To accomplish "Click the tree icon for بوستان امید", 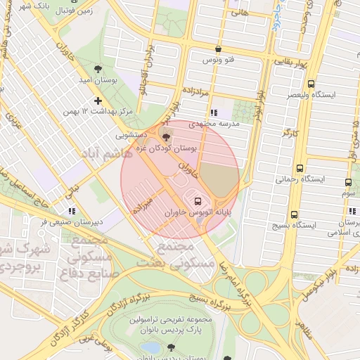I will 98,69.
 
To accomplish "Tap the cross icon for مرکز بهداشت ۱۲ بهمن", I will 98,101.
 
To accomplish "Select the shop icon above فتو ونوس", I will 219,49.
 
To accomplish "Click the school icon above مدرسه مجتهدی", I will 213,112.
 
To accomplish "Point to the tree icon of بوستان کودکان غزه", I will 166,137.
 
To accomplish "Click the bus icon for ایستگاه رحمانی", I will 300,169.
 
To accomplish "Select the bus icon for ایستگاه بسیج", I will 293,214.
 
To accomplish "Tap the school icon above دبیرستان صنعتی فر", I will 71,210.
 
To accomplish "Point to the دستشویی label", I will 131,132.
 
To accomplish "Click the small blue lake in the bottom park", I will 150,347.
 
